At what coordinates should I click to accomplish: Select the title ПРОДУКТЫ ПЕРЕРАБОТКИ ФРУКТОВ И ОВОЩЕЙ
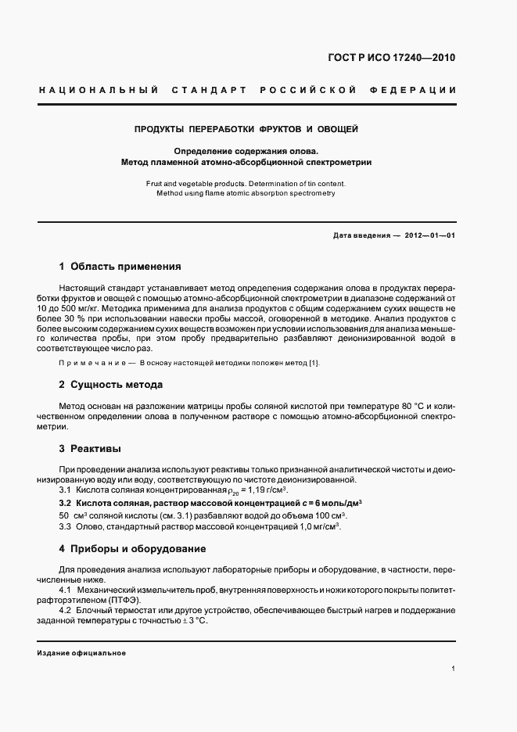pos(246,129)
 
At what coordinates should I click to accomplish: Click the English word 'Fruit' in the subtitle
pos(156,183)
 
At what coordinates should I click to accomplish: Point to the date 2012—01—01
pos(428,235)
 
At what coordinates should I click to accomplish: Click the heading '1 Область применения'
pos(120,267)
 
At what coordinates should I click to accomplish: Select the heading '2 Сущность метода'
pos(111,385)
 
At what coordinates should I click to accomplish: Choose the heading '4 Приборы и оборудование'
pos(132,549)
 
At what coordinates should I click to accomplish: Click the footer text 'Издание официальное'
pos(81,652)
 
